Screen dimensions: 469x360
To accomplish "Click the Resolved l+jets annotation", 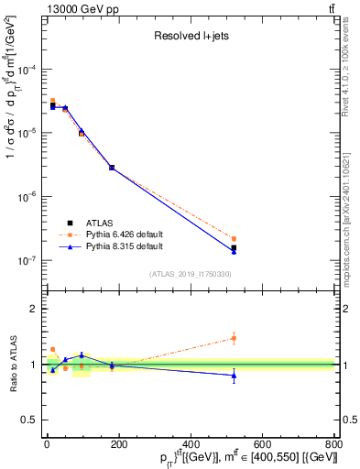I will [188, 38].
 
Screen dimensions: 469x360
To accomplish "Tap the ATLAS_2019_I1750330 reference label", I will [188, 273].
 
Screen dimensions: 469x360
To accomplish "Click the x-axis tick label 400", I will [191, 444].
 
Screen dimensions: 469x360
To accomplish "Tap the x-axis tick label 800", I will [333, 444].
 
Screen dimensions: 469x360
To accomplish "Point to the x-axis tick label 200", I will [118, 444].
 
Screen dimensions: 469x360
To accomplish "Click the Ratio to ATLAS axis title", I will [12, 364].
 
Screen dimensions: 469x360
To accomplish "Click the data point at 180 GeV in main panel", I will [112, 168].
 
